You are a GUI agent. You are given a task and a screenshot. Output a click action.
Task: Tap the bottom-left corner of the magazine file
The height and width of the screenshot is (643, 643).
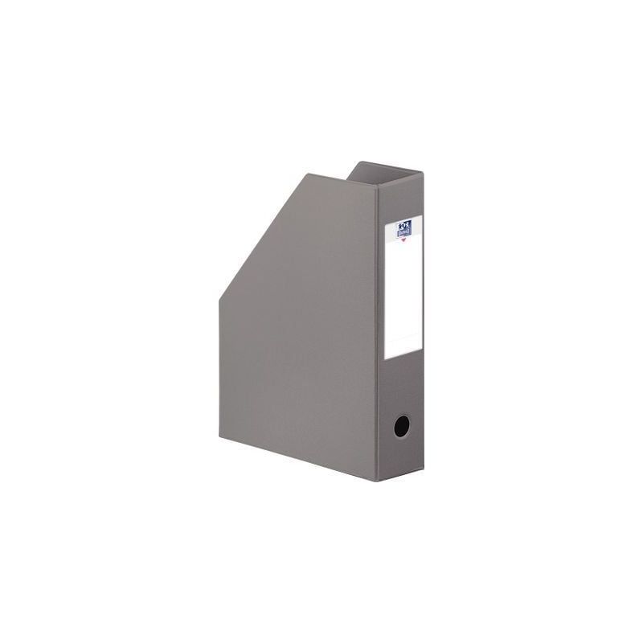tap(219, 451)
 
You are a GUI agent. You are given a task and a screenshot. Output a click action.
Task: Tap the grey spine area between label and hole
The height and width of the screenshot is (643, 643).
tap(402, 386)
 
